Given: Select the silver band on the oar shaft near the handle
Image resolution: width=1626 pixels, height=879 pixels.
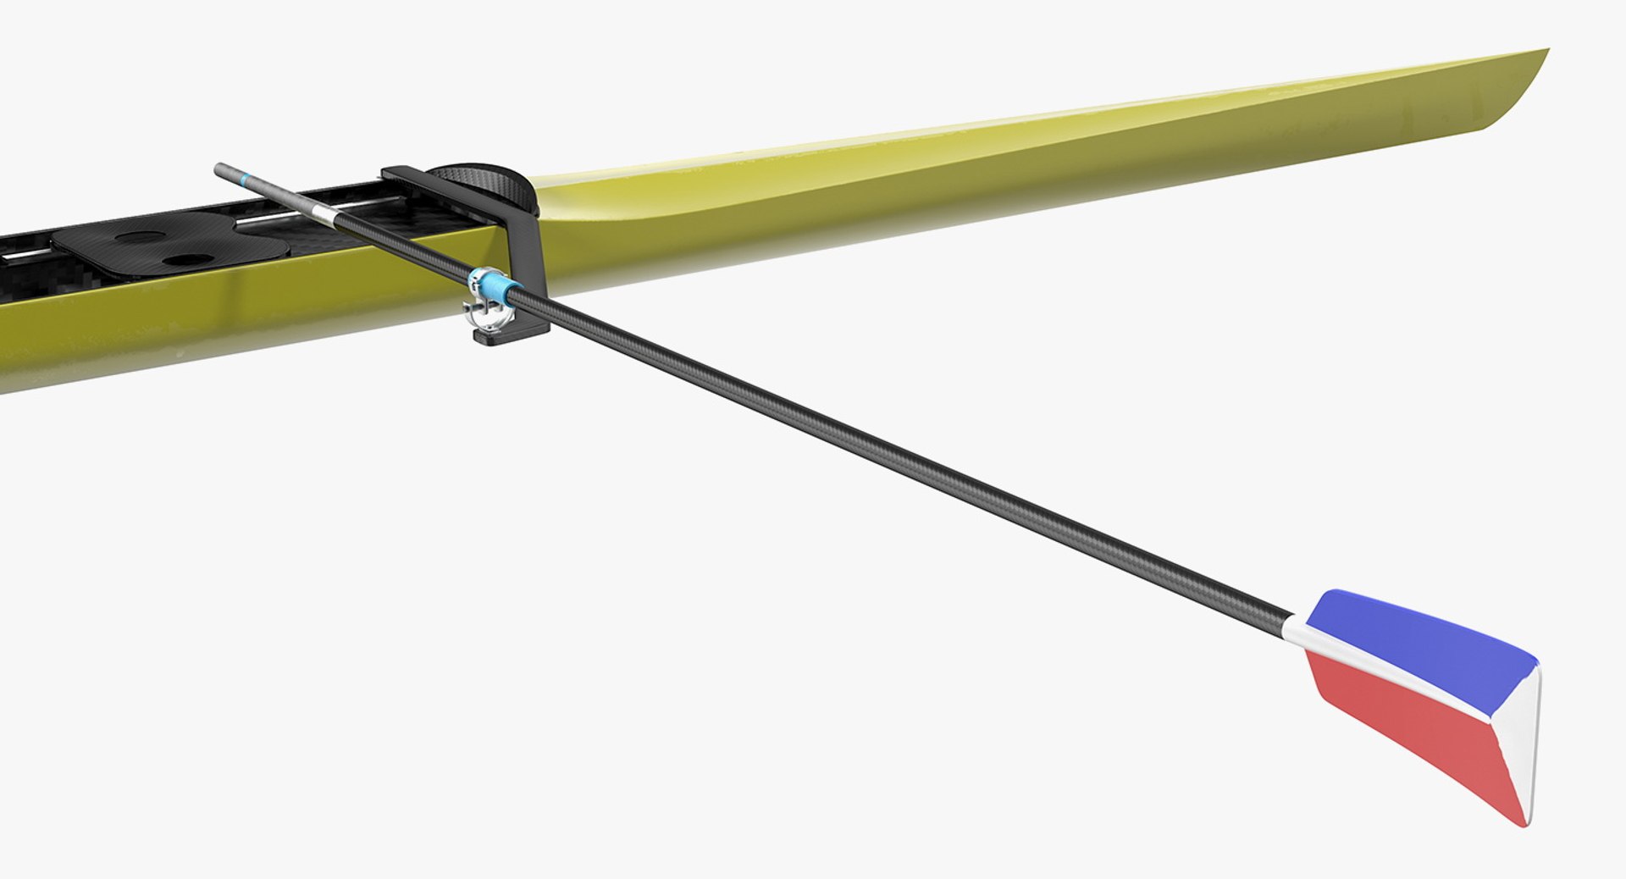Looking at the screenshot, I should [322, 212].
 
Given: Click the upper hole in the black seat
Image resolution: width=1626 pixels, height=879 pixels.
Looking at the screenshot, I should [140, 238].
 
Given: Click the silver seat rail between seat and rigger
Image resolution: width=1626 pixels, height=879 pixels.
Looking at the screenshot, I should [271, 222].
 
